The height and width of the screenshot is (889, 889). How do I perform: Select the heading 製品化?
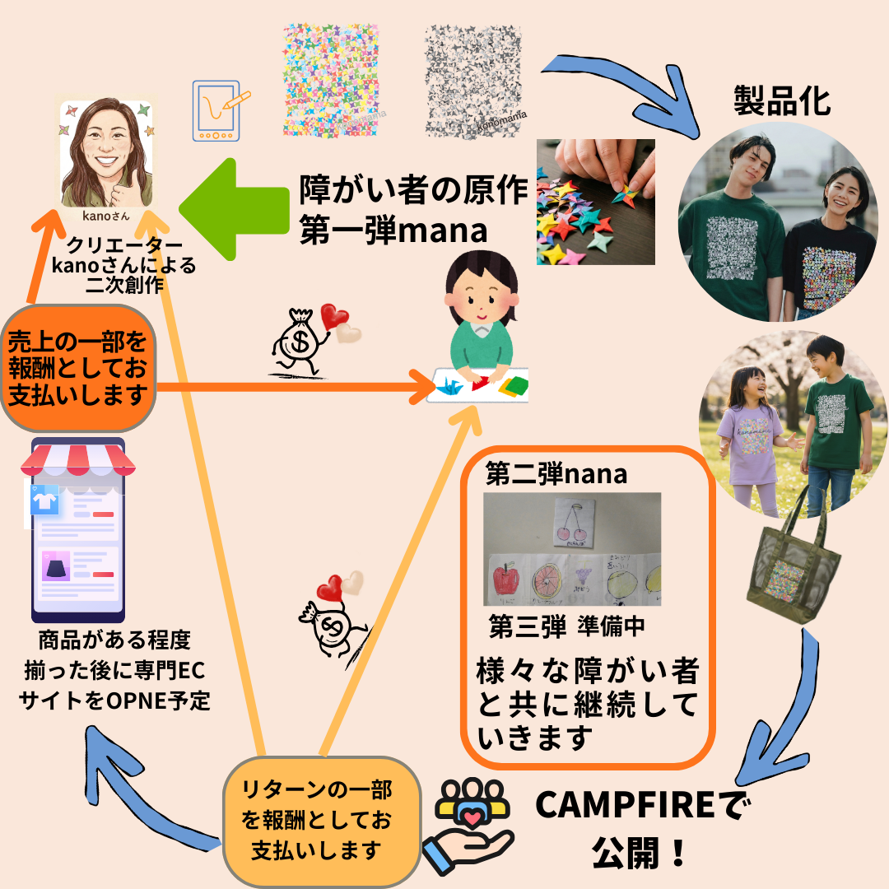point(782,101)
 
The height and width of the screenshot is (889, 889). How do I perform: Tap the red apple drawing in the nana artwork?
point(505,579)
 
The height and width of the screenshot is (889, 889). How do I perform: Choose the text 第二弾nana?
point(556,474)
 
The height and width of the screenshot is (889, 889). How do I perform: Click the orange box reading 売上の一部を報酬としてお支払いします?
point(79,367)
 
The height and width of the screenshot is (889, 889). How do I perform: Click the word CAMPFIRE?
point(633,806)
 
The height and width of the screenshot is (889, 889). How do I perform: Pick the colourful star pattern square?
point(330,80)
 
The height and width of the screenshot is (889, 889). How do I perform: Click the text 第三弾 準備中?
point(566,626)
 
